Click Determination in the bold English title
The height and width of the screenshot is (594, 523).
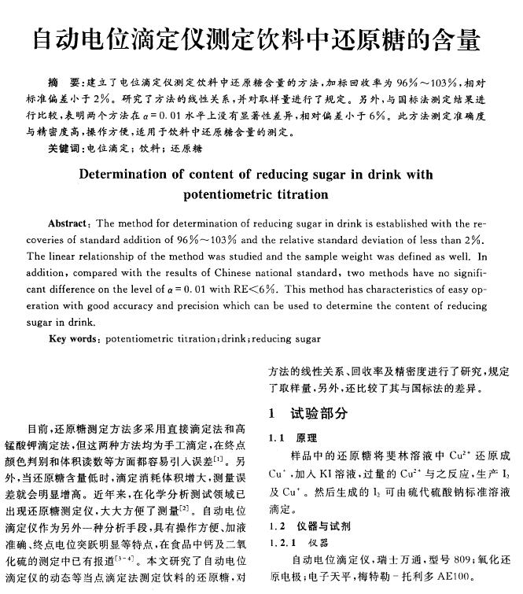[127, 174]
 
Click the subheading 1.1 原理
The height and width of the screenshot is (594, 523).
[293, 437]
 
